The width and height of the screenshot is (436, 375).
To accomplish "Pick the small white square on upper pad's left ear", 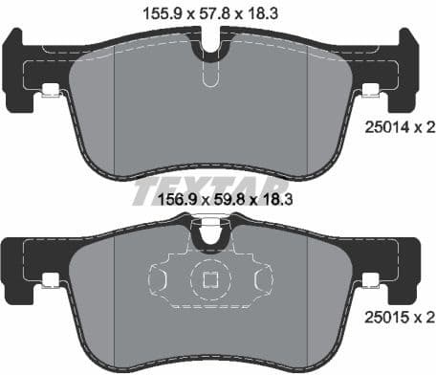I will coord(50,92).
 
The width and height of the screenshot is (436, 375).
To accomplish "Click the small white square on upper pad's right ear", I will coord(371,92).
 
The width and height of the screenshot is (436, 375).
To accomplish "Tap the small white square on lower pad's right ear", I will coord(371,279).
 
